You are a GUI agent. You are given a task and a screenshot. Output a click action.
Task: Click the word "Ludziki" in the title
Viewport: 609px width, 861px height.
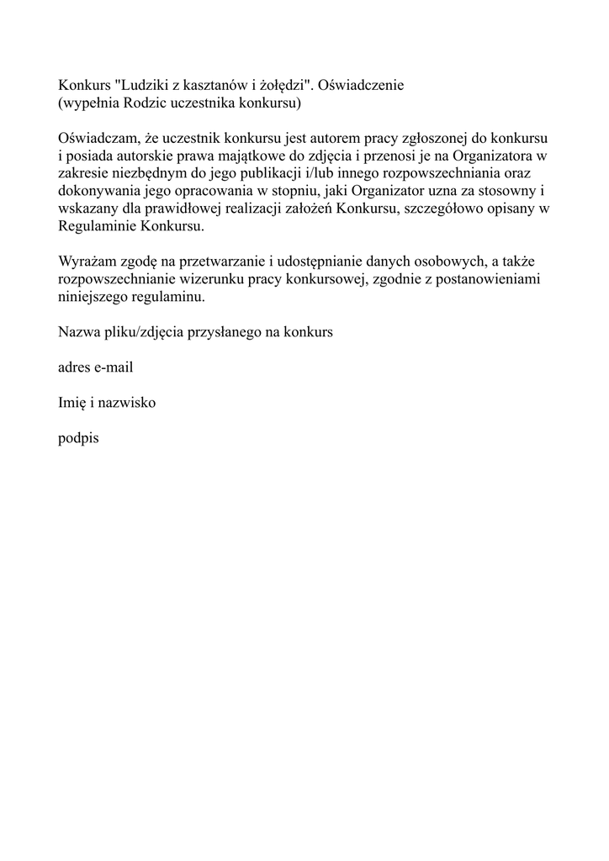click(x=140, y=86)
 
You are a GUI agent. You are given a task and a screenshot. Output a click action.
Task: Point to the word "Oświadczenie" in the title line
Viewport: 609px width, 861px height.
click(x=365, y=86)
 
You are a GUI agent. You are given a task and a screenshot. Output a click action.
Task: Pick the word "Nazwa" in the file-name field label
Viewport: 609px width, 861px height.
click(x=77, y=332)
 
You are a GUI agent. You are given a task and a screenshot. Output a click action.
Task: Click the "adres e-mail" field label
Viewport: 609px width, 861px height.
click(x=95, y=367)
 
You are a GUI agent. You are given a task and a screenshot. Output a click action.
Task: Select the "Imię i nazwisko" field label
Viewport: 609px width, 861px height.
click(x=106, y=403)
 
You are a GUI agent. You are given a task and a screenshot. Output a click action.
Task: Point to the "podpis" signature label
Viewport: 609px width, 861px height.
click(x=78, y=438)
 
